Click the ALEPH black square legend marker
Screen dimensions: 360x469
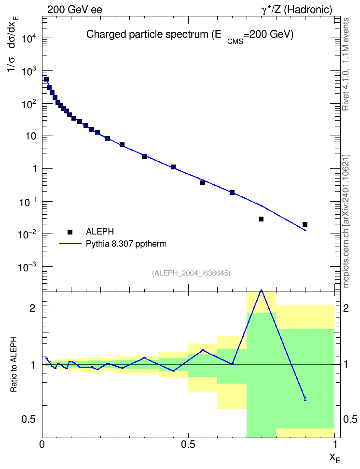point(70,232)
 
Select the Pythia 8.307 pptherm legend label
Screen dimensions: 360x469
point(126,244)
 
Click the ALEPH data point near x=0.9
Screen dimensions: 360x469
point(305,224)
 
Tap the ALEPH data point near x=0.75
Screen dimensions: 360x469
point(261,219)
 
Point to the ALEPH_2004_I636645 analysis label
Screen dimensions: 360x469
point(191,273)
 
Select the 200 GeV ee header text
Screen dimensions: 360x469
point(74,10)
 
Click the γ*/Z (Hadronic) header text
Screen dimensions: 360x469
point(297,10)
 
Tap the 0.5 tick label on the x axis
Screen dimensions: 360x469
point(188,444)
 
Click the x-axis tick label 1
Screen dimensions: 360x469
point(335,444)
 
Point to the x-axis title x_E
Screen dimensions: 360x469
point(335,458)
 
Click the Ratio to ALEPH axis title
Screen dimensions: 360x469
point(14,364)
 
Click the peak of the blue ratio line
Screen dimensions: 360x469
point(262,290)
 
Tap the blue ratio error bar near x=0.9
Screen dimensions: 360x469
point(305,399)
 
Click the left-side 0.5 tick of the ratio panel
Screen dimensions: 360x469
point(28,420)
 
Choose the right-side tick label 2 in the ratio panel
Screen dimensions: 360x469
point(346,308)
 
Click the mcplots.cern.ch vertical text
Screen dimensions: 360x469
point(346,221)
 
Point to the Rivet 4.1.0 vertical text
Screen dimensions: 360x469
point(346,64)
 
